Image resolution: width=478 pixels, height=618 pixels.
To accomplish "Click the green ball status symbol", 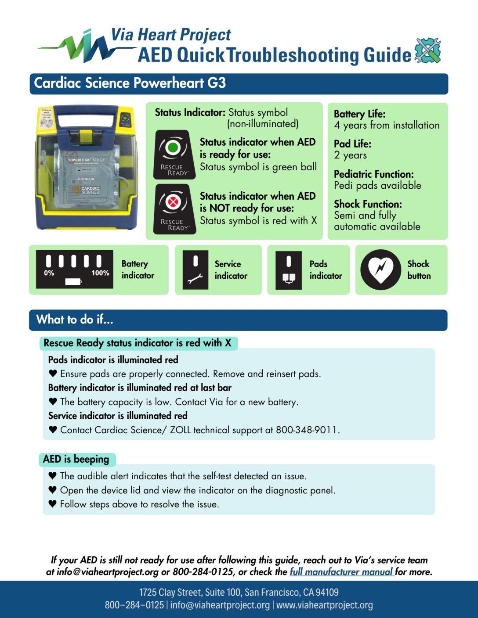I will click(173, 147).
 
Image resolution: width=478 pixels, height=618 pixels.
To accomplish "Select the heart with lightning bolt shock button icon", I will click(380, 270).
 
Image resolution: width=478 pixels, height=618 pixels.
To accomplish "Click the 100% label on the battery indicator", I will click(100, 273).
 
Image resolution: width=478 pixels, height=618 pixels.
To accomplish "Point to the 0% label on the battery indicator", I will click(49, 273).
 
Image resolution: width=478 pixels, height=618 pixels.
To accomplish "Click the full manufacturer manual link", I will click(341, 572).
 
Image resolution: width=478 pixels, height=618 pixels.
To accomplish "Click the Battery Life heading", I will click(359, 114).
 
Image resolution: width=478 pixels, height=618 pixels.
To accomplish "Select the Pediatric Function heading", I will click(373, 174).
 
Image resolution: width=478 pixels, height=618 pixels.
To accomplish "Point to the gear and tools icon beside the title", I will click(427, 50).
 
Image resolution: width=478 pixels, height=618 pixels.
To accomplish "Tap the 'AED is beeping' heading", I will click(76, 459).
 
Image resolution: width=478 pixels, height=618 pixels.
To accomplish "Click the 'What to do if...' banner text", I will click(75, 320).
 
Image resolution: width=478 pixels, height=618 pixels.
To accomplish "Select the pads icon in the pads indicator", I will click(289, 278).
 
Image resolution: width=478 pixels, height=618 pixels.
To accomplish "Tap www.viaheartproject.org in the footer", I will click(325, 605).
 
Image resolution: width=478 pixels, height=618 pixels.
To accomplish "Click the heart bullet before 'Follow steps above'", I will click(53, 503).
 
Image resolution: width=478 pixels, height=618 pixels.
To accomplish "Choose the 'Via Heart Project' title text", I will click(171, 35).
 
